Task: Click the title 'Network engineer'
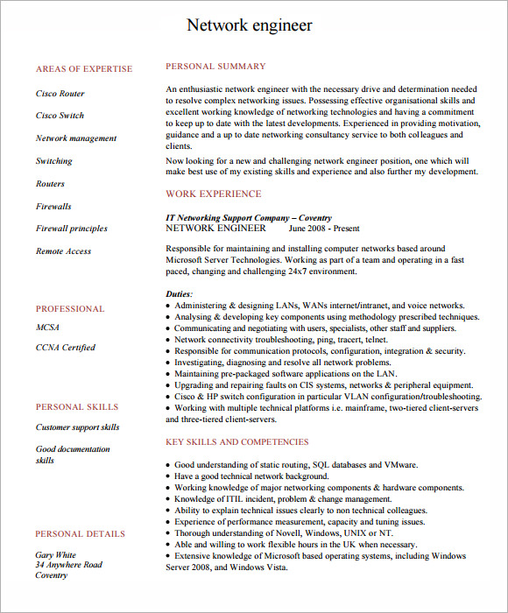pos(250,25)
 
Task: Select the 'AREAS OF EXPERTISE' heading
pos(84,69)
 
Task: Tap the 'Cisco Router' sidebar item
pos(60,93)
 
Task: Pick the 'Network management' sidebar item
pos(76,138)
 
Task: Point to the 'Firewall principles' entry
pos(72,229)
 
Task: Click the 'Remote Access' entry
pos(63,251)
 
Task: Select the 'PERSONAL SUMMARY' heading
pos(215,67)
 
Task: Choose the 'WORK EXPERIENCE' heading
pos(214,194)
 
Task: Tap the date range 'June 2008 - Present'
pos(324,228)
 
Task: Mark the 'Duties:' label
pos(180,293)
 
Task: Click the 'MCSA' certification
pos(48,327)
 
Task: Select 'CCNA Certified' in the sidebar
pos(66,348)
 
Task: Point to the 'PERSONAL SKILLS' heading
pos(77,407)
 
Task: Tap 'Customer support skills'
pos(78,427)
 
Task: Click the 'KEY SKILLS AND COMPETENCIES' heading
pos(237,442)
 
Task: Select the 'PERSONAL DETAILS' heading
pos(81,534)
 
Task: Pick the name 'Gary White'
pos(56,555)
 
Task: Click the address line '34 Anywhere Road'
pos(69,566)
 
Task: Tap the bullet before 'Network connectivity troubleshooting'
pos(167,340)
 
